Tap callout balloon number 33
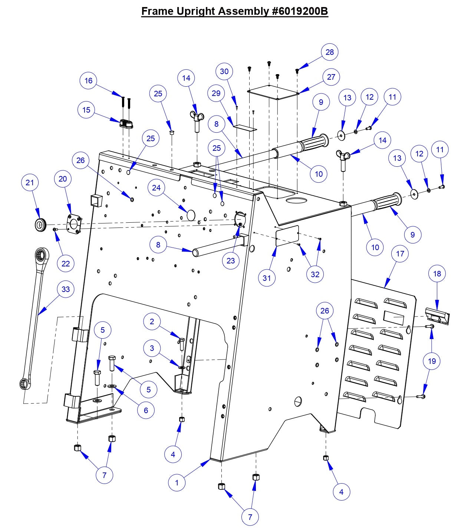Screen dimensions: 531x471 pyautogui.click(x=66, y=289)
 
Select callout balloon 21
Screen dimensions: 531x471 pyautogui.click(x=30, y=182)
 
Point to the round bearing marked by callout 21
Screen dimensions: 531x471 pyautogui.click(x=40, y=225)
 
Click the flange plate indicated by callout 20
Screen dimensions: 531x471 pyautogui.click(x=73, y=225)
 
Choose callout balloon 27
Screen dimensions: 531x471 pyautogui.click(x=331, y=77)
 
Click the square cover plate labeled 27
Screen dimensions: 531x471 pyautogui.click(x=273, y=92)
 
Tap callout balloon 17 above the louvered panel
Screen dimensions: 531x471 pyautogui.click(x=400, y=254)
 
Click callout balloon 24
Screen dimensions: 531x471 pyautogui.click(x=157, y=188)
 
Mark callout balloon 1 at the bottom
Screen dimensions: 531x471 pyautogui.click(x=177, y=482)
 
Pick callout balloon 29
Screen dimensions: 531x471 pyautogui.click(x=216, y=93)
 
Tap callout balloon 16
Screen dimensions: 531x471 pyautogui.click(x=88, y=81)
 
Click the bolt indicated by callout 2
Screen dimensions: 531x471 pyautogui.click(x=182, y=343)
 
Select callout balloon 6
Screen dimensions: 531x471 pyautogui.click(x=146, y=410)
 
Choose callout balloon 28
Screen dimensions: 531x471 pyautogui.click(x=330, y=52)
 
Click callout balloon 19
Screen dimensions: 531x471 pyautogui.click(x=432, y=361)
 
